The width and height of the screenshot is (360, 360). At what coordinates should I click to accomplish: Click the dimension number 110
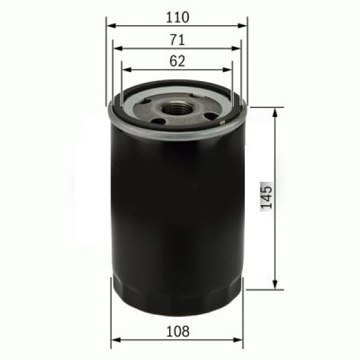pos(177,17)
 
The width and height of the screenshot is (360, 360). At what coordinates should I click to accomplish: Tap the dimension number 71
pos(177,40)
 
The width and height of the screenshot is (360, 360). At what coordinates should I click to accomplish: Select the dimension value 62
pos(177,61)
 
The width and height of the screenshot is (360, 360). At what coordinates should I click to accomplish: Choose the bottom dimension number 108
pos(178,331)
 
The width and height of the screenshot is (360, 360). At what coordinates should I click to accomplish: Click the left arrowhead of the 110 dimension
pos(110,26)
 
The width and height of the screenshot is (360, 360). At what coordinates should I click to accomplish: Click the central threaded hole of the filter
pos(176,108)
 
